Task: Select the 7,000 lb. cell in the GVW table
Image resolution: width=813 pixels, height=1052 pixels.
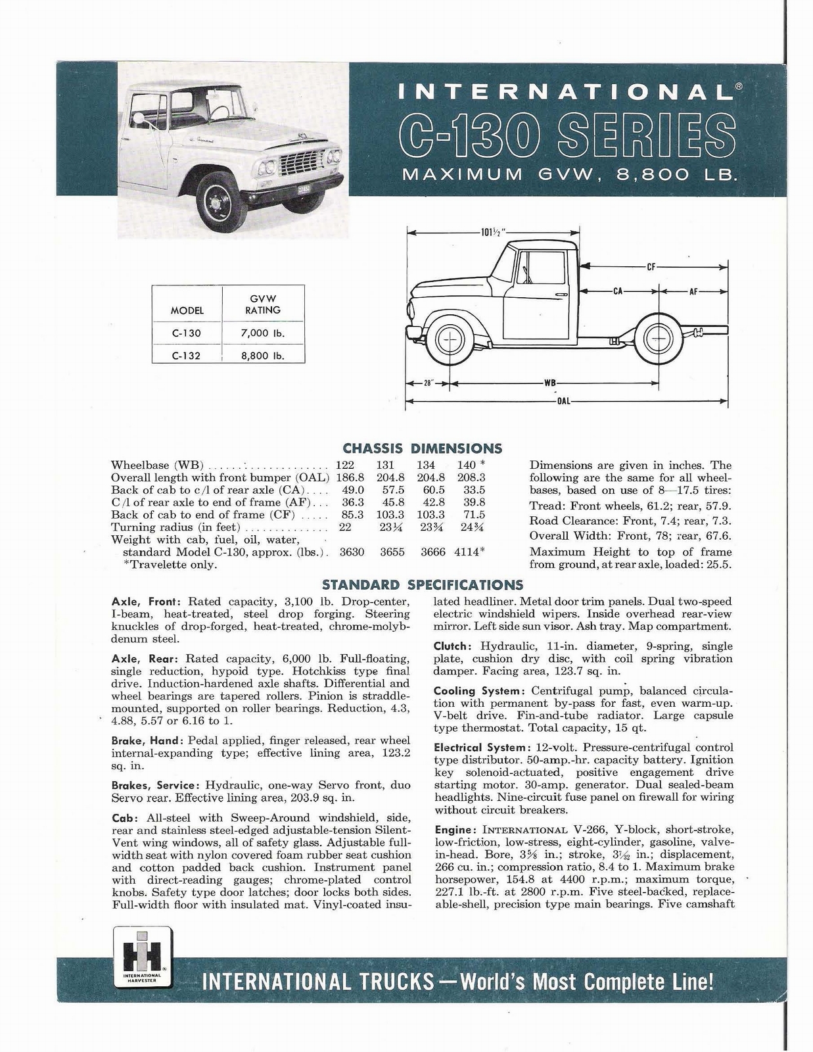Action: click(263, 333)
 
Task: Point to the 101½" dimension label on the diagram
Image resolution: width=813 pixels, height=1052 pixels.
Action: click(492, 231)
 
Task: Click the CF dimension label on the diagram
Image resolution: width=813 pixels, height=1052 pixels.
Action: click(651, 267)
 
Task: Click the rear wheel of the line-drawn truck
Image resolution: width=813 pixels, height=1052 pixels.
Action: click(655, 339)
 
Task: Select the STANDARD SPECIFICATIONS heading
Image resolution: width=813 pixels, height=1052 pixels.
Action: click(423, 585)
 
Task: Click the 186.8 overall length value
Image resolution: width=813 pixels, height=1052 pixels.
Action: click(350, 478)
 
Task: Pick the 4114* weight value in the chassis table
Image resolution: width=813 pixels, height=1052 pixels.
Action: click(469, 552)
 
